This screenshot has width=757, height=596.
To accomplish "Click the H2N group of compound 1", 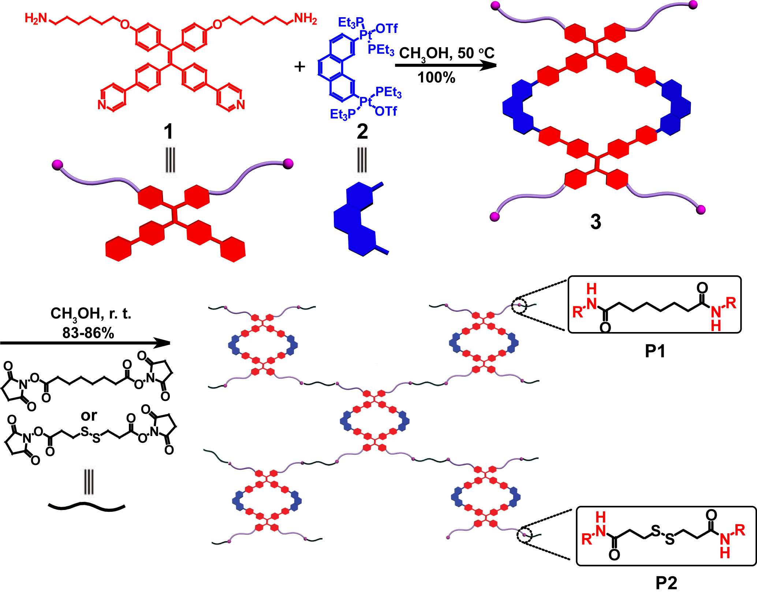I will [x=36, y=18].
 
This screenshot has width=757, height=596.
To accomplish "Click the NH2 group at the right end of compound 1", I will [x=305, y=18].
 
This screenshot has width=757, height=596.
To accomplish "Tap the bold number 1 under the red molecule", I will [x=168, y=131].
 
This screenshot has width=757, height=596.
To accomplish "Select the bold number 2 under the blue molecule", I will [x=362, y=131].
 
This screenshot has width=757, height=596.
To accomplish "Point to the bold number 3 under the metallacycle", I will [x=596, y=222].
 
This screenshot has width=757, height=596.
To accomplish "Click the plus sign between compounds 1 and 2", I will [x=299, y=67].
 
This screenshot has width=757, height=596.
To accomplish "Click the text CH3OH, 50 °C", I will [x=446, y=53].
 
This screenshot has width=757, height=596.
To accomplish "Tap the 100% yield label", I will [x=436, y=78].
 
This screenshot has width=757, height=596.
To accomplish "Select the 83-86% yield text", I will [x=88, y=333].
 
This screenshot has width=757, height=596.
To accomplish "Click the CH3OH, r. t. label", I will [x=90, y=314].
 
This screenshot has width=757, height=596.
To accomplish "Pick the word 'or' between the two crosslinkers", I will [x=89, y=416].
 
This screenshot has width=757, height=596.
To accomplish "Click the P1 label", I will [x=655, y=351].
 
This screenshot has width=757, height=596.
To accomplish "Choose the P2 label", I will [x=666, y=582].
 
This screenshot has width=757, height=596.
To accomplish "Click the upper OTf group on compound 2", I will [x=387, y=29].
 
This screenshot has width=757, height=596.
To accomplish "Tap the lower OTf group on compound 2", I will [x=386, y=111].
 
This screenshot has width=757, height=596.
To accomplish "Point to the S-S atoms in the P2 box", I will [x=663, y=535].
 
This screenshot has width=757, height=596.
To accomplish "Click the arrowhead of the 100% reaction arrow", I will [x=489, y=66].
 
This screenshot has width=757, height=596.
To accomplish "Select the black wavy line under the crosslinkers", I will [x=87, y=506].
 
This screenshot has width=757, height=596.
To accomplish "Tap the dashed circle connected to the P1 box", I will [x=519, y=305].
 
